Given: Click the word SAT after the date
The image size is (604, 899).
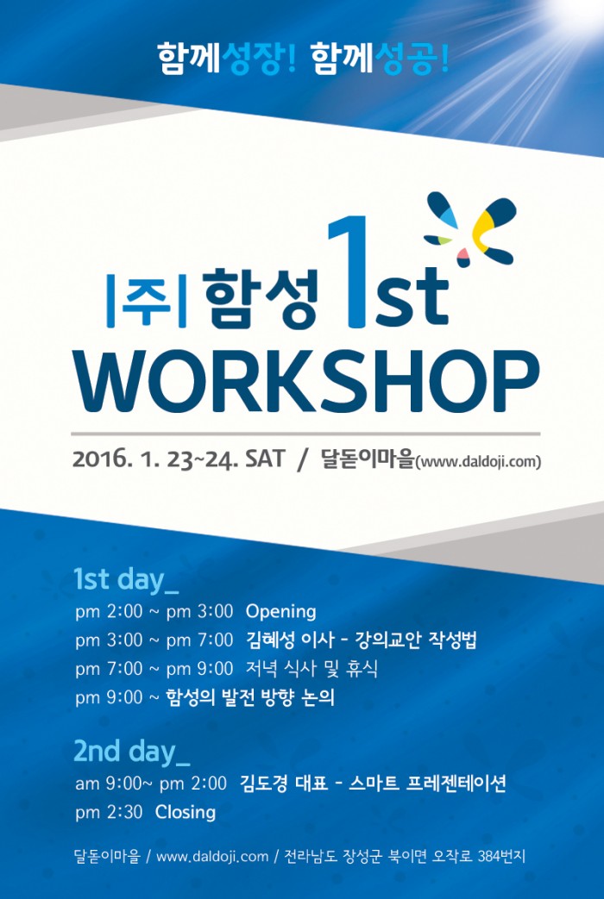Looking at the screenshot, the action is (x=265, y=459).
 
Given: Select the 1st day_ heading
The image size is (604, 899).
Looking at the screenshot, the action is (x=126, y=579).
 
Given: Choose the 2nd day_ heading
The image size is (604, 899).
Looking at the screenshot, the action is (x=131, y=752).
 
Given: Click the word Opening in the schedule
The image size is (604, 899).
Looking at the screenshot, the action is (x=280, y=612).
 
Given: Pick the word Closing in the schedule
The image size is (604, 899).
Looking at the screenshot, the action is (x=186, y=812).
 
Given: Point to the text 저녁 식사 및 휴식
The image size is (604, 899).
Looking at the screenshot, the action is (x=311, y=669).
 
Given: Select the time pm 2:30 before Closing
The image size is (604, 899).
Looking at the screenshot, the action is (x=109, y=813).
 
